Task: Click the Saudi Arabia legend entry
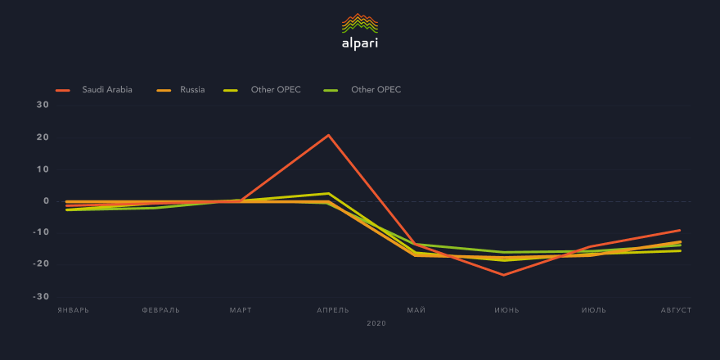[106, 89]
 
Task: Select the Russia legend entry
[192, 89]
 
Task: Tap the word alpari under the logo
[360, 43]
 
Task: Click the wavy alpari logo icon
[360, 22]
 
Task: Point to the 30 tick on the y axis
[43, 105]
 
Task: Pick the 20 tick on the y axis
[43, 137]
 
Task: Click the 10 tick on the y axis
[43, 169]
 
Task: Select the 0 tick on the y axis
[46, 200]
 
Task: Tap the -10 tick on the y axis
[40, 232]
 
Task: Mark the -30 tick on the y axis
[40, 296]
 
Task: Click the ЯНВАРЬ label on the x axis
[73, 311]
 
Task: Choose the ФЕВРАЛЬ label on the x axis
[160, 311]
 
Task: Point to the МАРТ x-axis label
[241, 311]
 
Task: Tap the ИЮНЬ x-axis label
[506, 311]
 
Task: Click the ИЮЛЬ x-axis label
[594, 311]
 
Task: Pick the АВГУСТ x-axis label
[677, 311]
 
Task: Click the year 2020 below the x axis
[376, 324]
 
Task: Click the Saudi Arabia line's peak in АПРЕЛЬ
[328, 135]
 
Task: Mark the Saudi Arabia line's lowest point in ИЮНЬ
[504, 275]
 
